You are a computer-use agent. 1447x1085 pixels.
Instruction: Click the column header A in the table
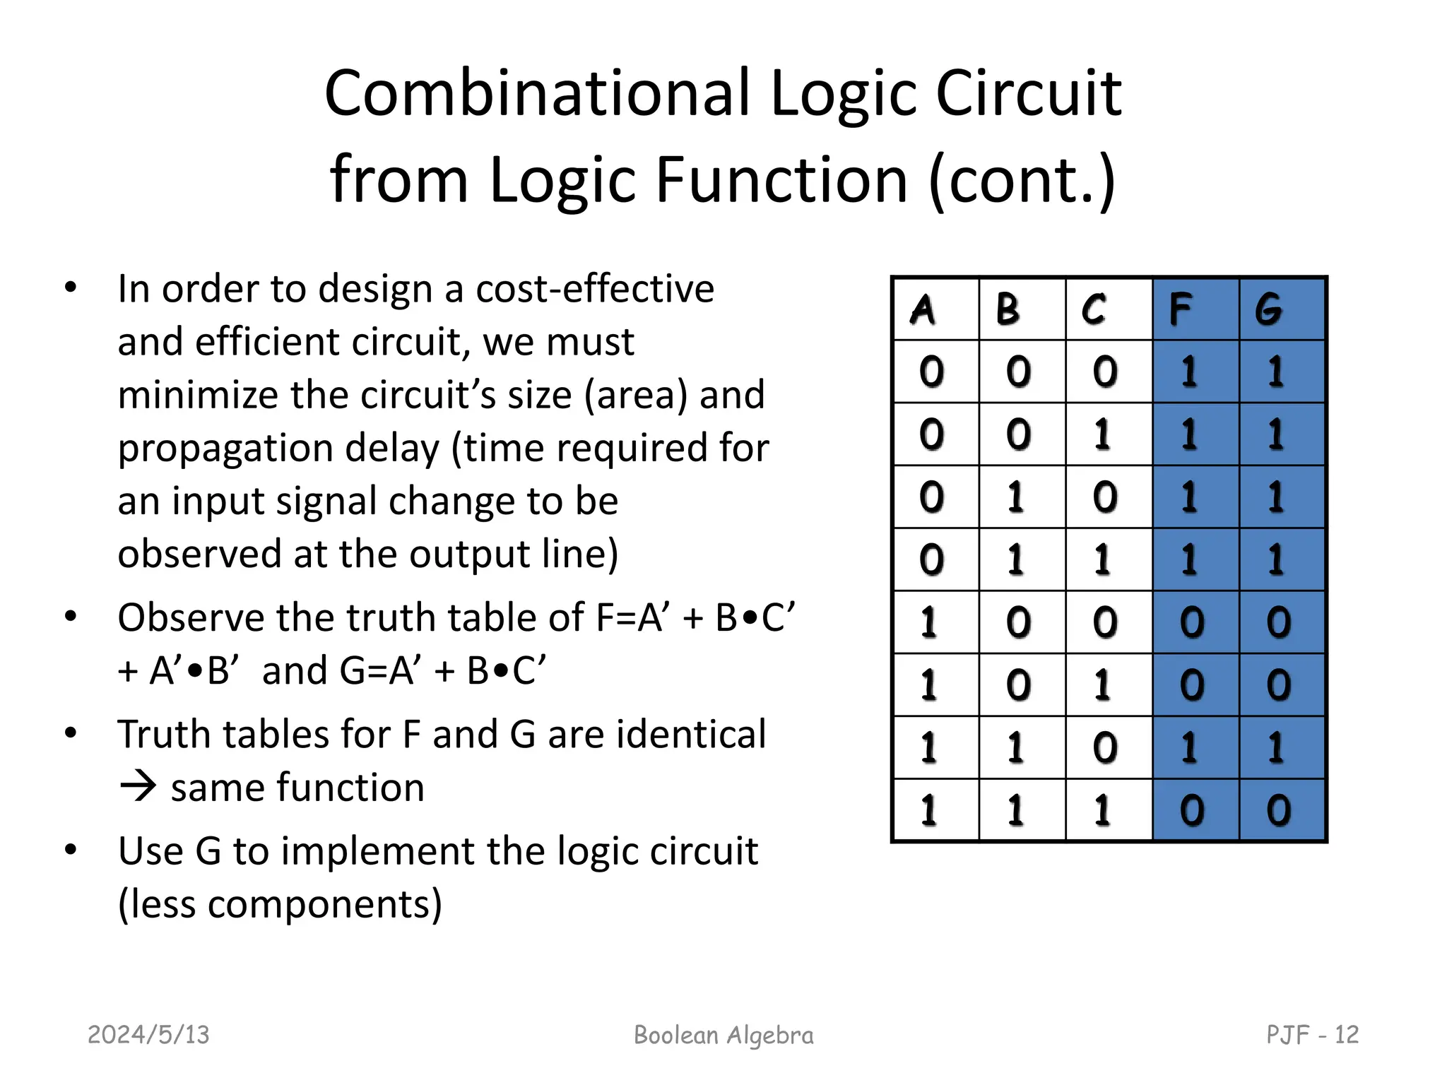923,309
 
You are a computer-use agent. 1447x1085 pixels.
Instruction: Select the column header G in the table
1269,309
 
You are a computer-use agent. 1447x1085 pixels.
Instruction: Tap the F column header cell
1181,309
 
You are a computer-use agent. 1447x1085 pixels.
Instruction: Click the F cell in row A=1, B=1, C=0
1190,747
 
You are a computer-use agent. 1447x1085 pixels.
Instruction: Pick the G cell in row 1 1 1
1277,810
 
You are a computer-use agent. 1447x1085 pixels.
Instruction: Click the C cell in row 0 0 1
1103,434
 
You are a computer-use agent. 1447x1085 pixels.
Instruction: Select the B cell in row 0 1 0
1016,497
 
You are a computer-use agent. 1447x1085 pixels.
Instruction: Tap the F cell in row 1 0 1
1191,685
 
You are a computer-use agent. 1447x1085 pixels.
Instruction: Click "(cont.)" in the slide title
1022,180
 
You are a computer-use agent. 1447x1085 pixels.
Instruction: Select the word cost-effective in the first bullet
595,289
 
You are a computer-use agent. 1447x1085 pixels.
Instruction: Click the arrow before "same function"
137,787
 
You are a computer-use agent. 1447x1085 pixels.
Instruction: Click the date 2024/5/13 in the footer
148,1035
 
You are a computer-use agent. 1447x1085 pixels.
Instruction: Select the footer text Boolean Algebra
723,1035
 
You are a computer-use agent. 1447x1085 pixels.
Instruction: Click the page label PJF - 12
1312,1035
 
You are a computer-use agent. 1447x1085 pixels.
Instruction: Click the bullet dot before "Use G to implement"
70,849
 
